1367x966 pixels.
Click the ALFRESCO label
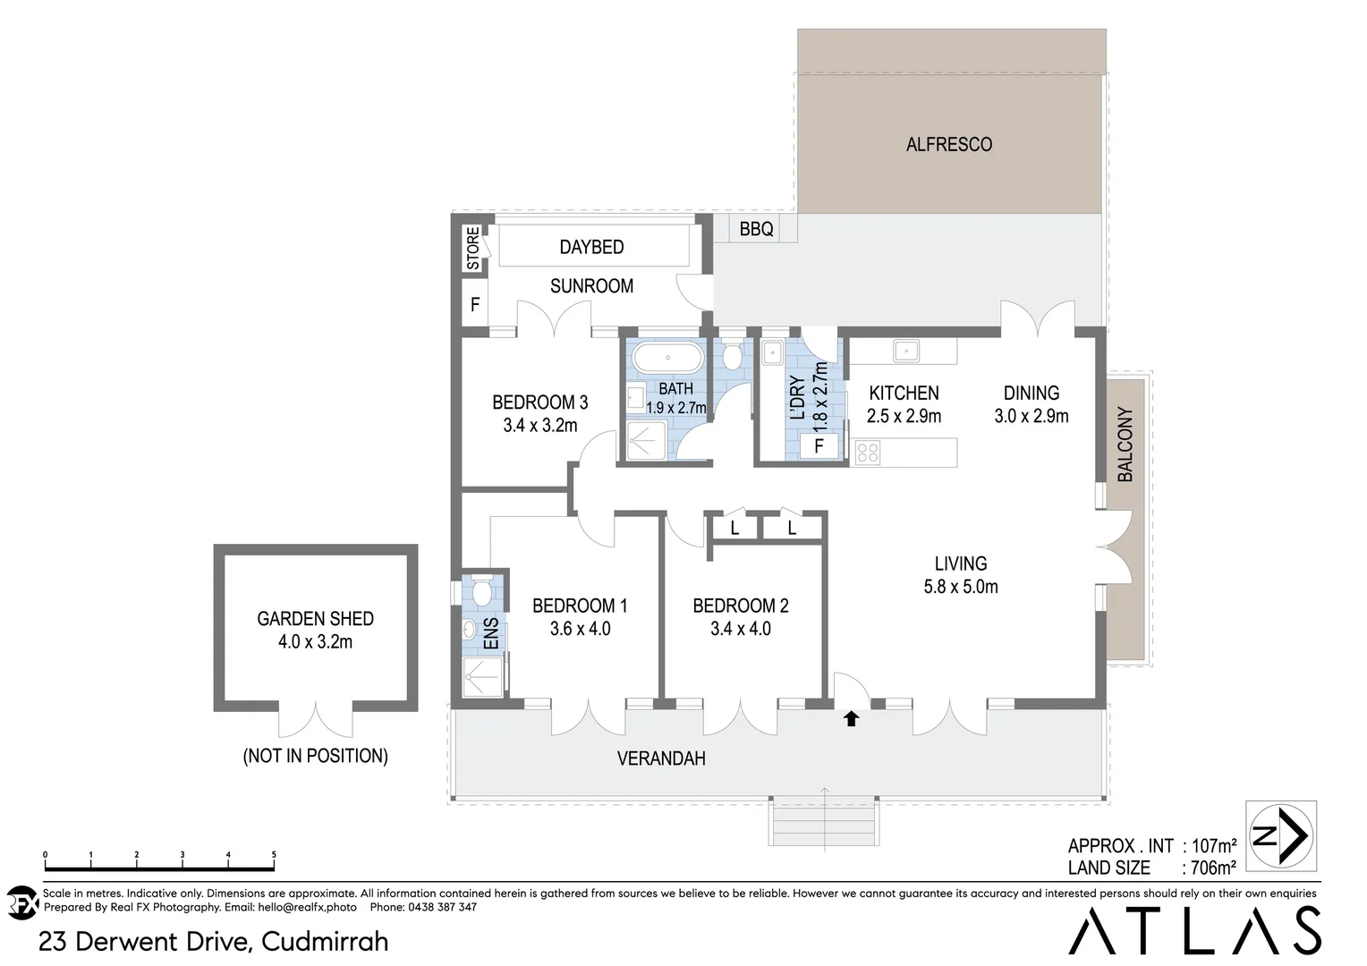948,144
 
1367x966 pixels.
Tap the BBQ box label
756,229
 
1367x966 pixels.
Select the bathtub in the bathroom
667,360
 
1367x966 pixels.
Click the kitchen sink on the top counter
905,351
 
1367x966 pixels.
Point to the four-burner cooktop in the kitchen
867,452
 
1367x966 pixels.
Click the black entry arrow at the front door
851,718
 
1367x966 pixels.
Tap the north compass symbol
1281,836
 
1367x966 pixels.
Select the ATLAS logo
1194,930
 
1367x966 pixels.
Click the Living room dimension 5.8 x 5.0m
961,587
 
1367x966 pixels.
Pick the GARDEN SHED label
315,618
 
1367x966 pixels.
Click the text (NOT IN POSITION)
315,756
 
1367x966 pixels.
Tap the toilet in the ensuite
480,592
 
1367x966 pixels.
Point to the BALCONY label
1125,445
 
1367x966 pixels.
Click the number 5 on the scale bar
274,855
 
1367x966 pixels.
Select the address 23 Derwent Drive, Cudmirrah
214,941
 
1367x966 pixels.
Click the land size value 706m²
1213,867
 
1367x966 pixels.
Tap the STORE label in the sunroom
472,249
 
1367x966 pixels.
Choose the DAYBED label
591,247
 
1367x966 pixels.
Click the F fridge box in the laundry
819,445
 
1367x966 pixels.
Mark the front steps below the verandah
823,821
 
